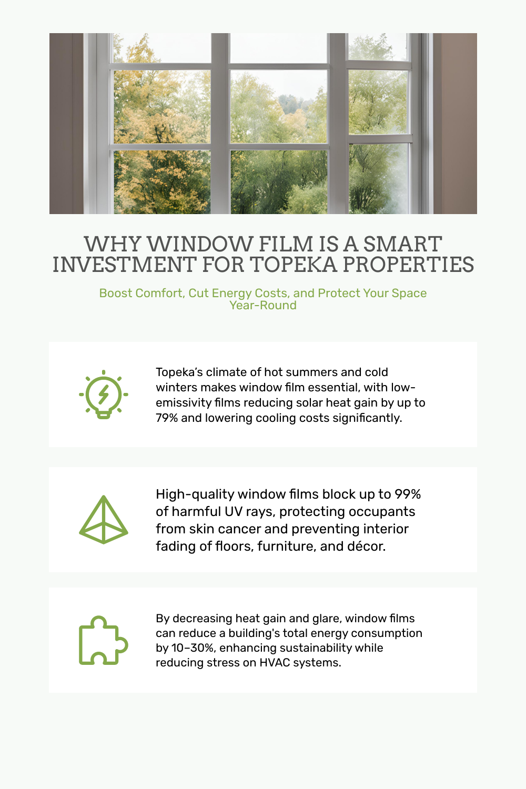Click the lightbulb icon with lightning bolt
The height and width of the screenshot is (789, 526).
[x=103, y=394]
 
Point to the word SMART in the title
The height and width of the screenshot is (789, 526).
[x=403, y=244]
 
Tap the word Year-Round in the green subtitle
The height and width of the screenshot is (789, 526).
[x=263, y=306]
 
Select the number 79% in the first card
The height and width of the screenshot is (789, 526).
[x=167, y=418]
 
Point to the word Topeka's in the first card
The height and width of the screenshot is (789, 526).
[x=179, y=372]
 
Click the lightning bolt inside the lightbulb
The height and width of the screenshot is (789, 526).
[x=103, y=394]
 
